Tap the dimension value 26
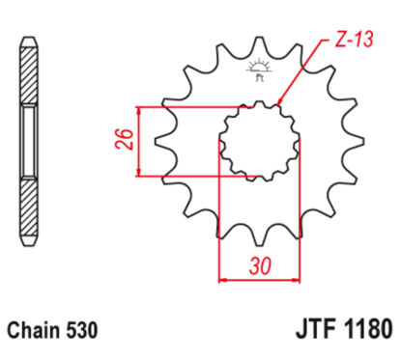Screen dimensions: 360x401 point(120,143)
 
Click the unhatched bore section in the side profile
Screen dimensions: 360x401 point(30,143)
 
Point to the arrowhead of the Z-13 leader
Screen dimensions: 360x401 point(279,102)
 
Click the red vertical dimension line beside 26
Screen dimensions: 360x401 point(141,143)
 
